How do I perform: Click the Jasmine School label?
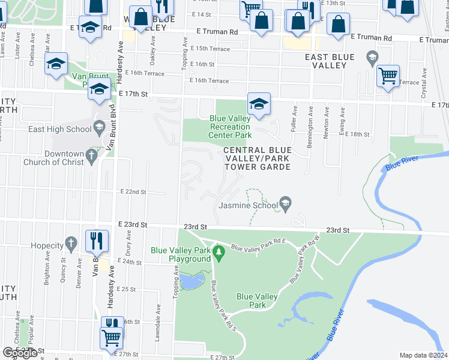coord(248,205)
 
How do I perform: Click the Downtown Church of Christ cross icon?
coord(91,157)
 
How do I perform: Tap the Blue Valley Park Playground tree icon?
coord(218,255)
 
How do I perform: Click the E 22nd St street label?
coord(133,191)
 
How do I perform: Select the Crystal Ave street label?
coord(424,83)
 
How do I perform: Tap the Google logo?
coord(19,353)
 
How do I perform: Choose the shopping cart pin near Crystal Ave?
coord(388,76)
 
